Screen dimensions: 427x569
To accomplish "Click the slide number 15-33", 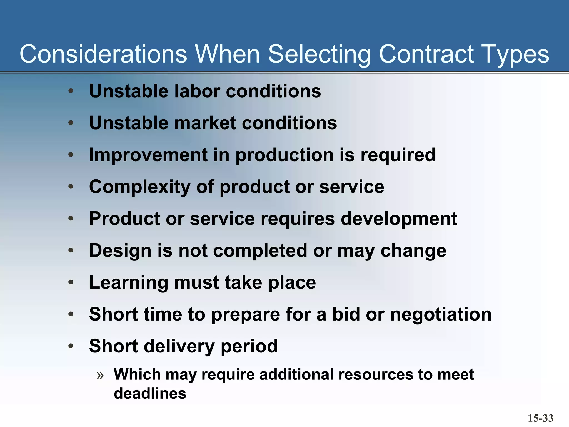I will (540, 418).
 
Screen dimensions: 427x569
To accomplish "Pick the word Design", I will (120, 250).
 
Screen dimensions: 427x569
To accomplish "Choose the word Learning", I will (128, 282).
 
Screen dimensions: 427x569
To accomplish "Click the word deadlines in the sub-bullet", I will (150, 394).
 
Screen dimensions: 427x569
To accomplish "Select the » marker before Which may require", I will (100, 375).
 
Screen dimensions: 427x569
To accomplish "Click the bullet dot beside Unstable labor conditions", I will (71, 91).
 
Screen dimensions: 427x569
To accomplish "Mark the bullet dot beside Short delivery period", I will (71, 346).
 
